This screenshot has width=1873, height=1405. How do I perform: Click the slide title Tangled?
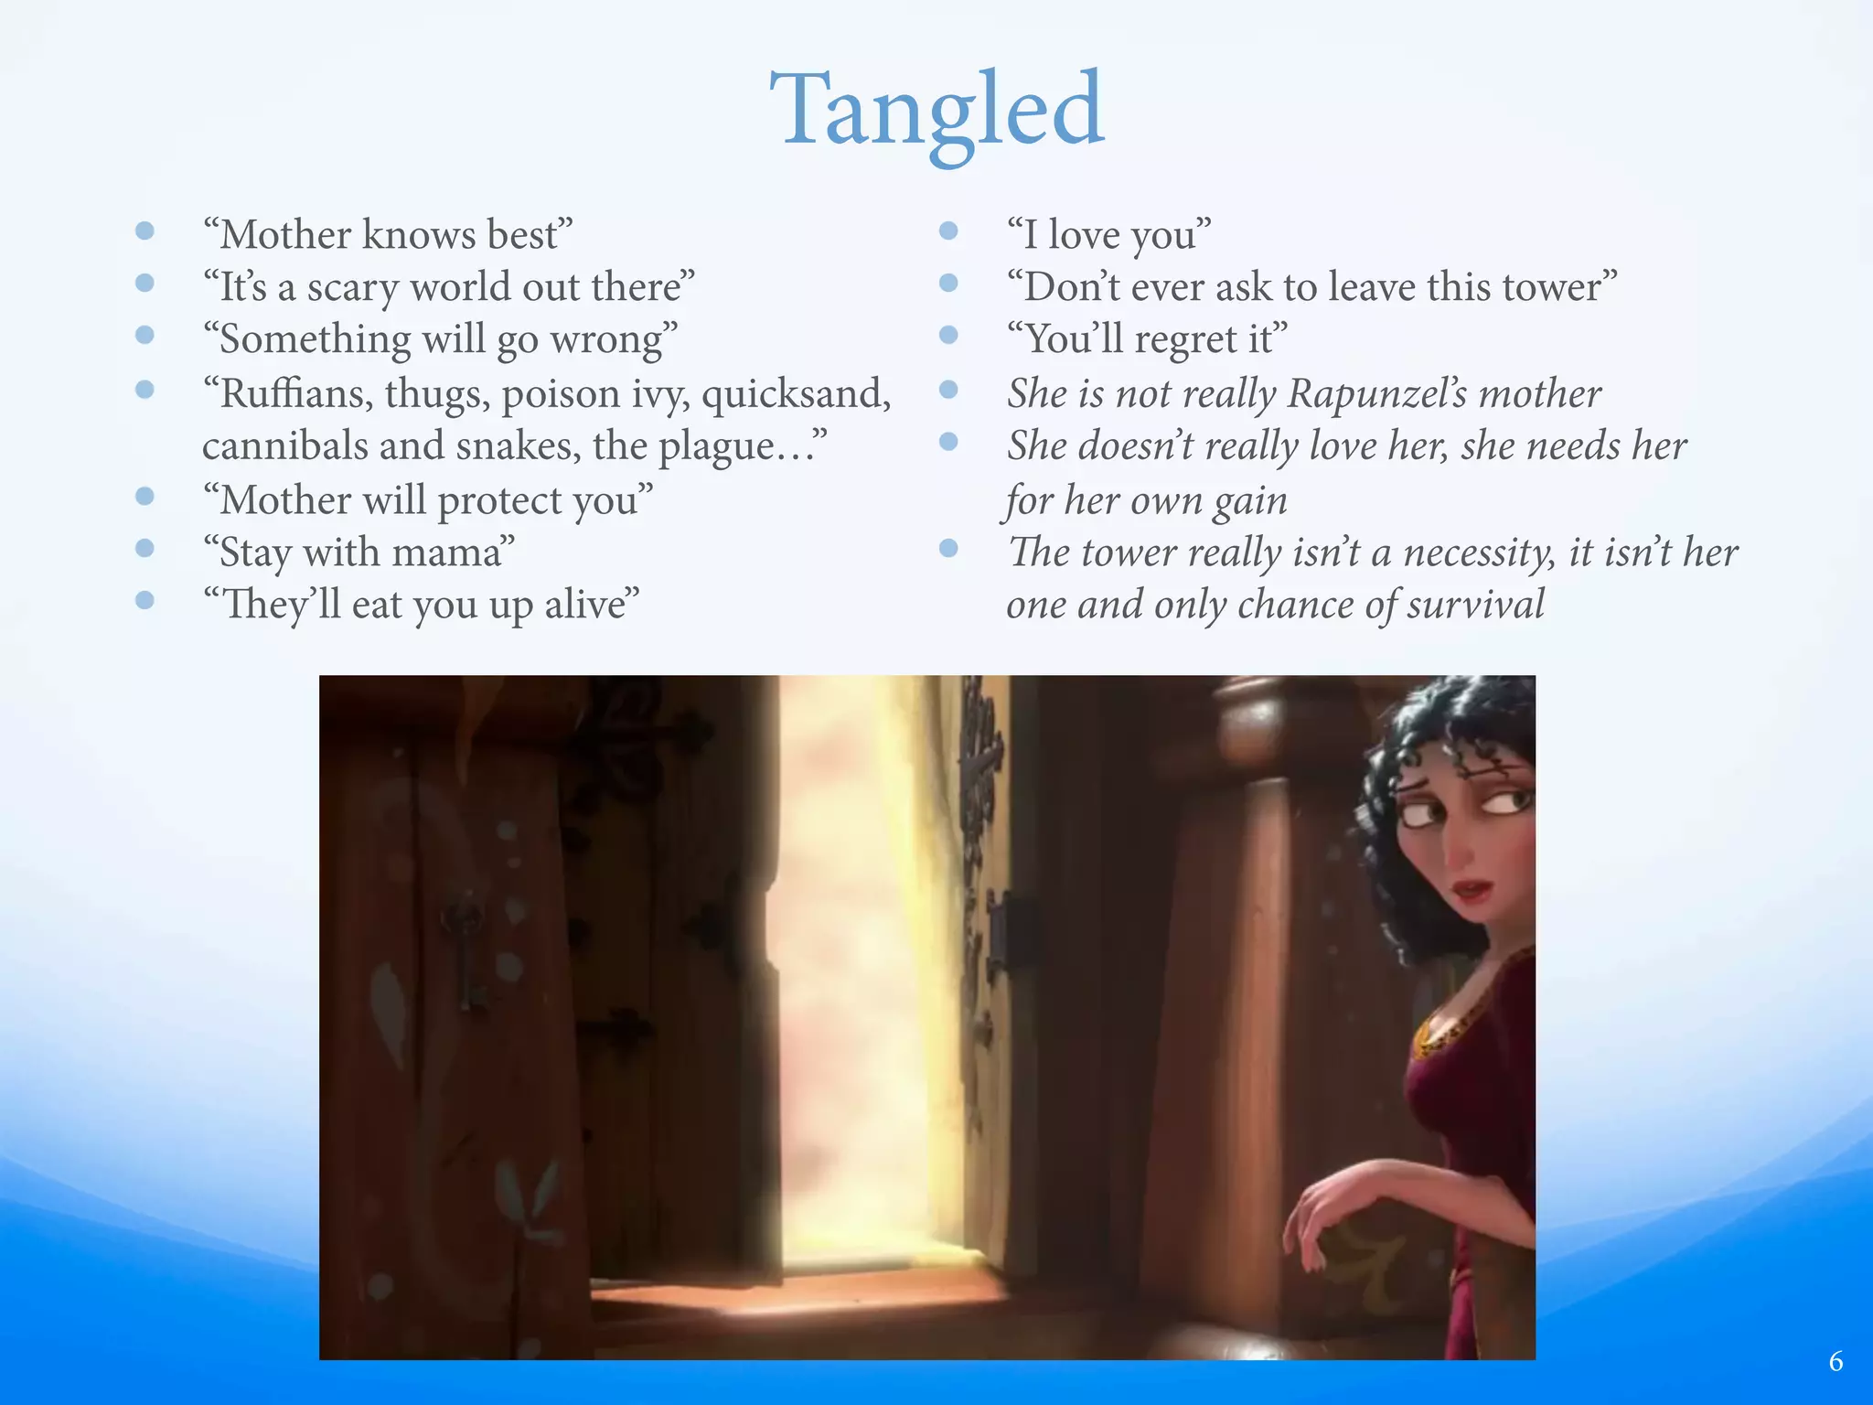937,112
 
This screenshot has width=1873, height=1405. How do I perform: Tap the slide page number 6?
1836,1361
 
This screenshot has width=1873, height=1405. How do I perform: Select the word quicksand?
796,394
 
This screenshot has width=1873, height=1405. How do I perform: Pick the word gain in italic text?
1249,501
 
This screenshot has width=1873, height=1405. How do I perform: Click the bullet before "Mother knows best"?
144,231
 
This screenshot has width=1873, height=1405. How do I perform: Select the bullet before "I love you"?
948,231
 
